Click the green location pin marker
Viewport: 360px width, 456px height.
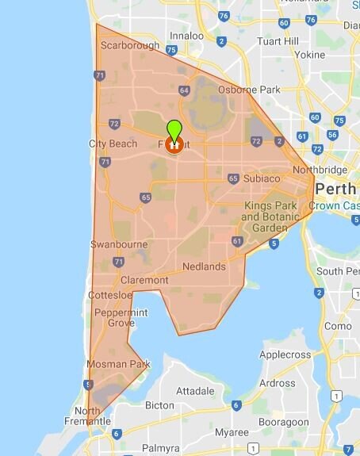pos(174,130)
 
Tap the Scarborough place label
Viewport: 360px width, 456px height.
pos(130,45)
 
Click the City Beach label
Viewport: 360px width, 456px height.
pos(107,144)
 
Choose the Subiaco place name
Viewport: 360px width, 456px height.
pos(262,178)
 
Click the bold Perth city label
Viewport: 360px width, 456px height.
pos(336,189)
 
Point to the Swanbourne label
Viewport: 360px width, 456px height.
pos(115,244)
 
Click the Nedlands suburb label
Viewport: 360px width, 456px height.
pos(204,266)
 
